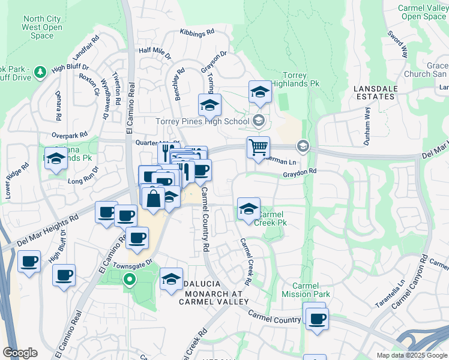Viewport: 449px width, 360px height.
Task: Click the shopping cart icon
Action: pyautogui.click(x=258, y=147)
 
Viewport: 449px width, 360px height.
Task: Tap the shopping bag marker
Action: pyautogui.click(x=154, y=197)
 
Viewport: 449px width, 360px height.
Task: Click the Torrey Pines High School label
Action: pyautogui.click(x=202, y=121)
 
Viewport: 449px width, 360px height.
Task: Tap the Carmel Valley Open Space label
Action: pyautogui.click(x=423, y=12)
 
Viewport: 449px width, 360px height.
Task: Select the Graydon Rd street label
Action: pyautogui.click(x=300, y=172)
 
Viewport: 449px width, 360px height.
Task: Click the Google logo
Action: pyautogui.click(x=20, y=353)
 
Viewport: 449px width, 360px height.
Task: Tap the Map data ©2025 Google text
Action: pyautogui.click(x=412, y=355)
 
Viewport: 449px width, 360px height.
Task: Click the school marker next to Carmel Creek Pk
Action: pyautogui.click(x=249, y=209)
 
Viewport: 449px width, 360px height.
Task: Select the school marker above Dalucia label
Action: pyautogui.click(x=171, y=279)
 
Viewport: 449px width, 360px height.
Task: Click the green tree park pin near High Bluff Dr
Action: pyautogui.click(x=40, y=73)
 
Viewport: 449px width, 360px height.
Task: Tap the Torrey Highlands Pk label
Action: pyautogui.click(x=295, y=80)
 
